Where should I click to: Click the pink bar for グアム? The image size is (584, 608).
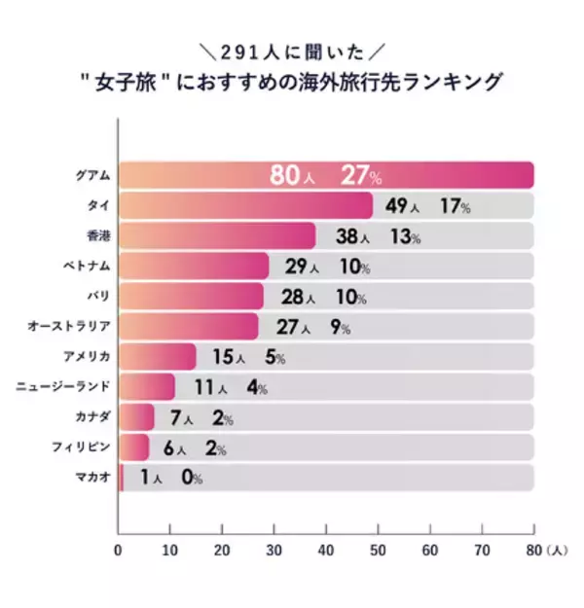click(x=326, y=175)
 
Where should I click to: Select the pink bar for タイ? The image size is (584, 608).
click(x=246, y=206)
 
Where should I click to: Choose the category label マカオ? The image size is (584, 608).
click(x=91, y=478)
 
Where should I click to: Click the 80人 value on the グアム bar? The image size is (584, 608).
click(x=296, y=176)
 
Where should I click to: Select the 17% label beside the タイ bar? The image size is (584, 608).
click(x=453, y=207)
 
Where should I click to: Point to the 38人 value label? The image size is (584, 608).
click(x=351, y=237)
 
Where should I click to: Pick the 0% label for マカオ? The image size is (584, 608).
click(x=191, y=479)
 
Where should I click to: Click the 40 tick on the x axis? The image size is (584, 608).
click(x=326, y=550)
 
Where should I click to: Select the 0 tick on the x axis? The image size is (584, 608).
click(x=118, y=550)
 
